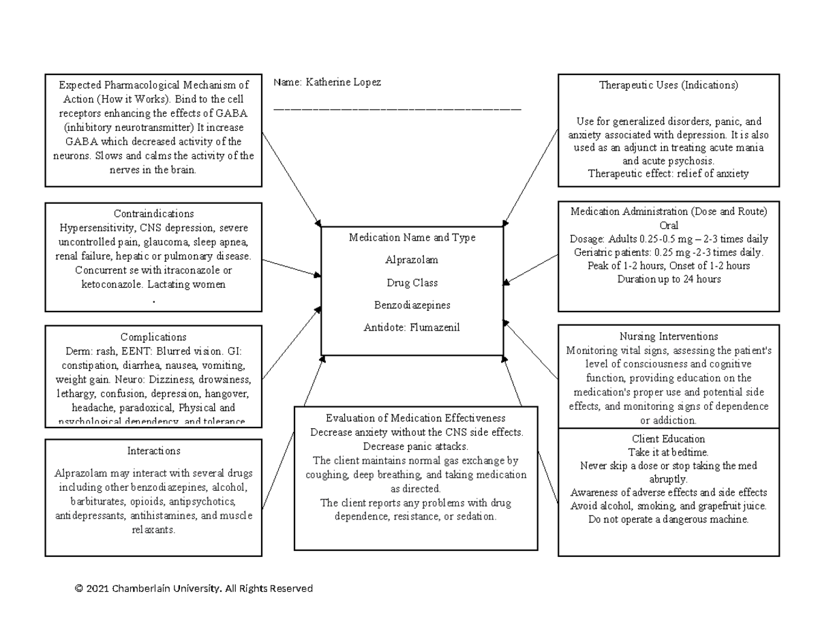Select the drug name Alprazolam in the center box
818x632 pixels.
[412, 260]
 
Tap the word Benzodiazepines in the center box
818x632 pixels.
[412, 305]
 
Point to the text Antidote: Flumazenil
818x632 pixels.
[412, 327]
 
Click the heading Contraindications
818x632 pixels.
[153, 213]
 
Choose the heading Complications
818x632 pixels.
[153, 337]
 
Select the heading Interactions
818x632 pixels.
[153, 451]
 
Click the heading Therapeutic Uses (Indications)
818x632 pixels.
[668, 85]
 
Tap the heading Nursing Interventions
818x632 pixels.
[668, 336]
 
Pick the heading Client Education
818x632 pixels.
[668, 438]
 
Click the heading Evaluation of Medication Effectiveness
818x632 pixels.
[416, 418]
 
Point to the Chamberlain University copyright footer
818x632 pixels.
[194, 588]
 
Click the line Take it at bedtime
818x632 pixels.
[668, 452]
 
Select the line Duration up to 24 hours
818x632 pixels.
[668, 279]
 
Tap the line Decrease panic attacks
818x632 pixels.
[416, 447]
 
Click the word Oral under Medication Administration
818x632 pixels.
[668, 225]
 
